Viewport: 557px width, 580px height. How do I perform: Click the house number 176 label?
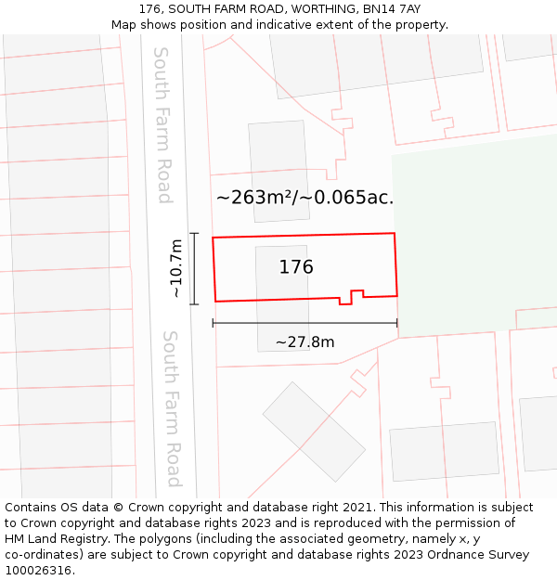296,267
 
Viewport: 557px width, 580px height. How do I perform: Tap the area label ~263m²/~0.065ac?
304,198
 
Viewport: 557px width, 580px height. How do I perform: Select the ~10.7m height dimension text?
175,269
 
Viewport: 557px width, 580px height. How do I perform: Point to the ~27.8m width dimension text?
304,342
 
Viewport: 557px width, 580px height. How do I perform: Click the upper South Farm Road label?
162,125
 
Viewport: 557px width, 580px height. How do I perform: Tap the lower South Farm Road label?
172,408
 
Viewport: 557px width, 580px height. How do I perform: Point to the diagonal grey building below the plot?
313,432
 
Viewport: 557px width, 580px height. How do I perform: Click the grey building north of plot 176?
278,171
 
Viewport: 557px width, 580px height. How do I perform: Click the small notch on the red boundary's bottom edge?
351,298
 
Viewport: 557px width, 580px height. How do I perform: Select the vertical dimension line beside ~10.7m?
194,269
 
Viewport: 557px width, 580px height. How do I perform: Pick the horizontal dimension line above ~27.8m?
304,323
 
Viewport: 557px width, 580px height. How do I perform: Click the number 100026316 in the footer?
37,571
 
